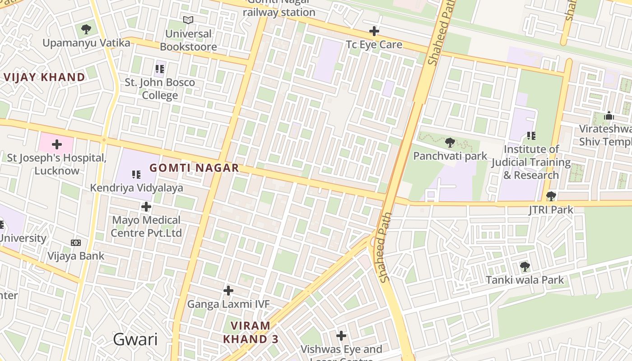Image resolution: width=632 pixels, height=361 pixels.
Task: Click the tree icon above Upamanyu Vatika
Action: (86, 30)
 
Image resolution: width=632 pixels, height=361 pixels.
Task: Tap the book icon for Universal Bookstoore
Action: (188, 20)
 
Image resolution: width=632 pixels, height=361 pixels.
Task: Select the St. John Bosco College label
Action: (160, 89)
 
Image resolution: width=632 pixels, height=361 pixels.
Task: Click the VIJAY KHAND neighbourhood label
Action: (44, 77)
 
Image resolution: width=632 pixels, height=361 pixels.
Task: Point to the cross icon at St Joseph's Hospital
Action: (57, 144)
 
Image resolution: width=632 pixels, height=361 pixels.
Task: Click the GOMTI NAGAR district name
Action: (194, 168)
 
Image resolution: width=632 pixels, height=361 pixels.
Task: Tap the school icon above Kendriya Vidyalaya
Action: (136, 174)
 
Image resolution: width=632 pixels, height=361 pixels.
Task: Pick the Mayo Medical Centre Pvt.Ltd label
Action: (146, 227)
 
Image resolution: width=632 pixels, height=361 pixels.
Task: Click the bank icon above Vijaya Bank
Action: (76, 243)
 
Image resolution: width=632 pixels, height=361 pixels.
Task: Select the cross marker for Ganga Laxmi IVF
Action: (228, 290)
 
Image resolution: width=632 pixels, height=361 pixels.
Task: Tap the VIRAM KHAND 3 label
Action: (251, 332)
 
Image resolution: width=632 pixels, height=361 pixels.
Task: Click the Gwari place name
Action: (135, 339)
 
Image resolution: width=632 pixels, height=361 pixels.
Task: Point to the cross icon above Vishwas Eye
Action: (341, 336)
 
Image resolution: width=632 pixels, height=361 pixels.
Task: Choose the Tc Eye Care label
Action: (374, 44)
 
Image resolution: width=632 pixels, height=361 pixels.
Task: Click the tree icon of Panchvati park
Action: (450, 143)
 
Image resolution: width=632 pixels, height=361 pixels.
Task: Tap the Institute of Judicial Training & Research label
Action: (531, 162)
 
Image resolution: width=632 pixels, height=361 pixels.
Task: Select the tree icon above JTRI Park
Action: (551, 196)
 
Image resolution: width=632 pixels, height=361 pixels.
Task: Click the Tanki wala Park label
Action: (525, 280)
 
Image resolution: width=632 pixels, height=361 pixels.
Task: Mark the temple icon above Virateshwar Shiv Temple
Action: (609, 116)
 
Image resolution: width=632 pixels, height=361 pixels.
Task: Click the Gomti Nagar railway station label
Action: (279, 9)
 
